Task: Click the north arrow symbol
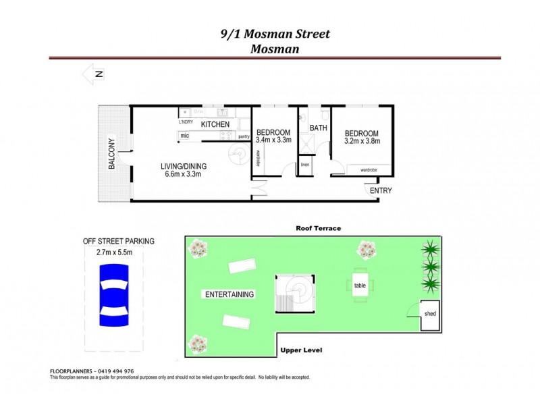tap(93, 75)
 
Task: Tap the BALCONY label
tap(112, 154)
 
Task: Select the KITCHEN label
tap(215, 125)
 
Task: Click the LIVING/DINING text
tap(184, 167)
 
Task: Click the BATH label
tap(319, 128)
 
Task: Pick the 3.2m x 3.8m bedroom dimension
tap(361, 142)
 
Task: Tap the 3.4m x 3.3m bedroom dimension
tap(273, 140)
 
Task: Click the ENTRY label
tap(380, 191)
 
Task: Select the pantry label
tap(244, 137)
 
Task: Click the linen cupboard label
tap(305, 165)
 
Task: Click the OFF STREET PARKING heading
tap(118, 241)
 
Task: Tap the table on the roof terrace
tap(360, 286)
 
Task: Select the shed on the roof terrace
tap(430, 314)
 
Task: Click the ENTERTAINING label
tap(230, 294)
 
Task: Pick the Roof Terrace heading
tap(318, 228)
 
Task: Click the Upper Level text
tap(302, 350)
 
